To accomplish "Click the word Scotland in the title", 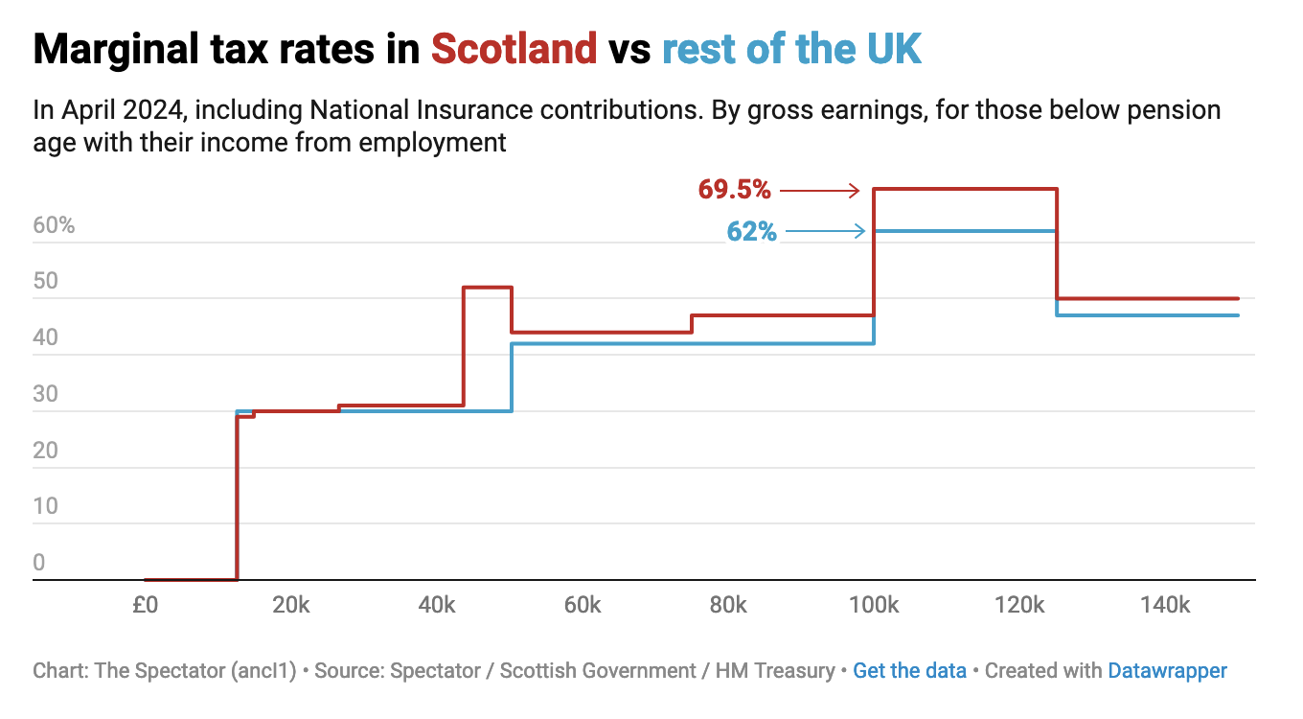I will tap(514, 48).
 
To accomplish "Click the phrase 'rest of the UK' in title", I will tap(791, 48).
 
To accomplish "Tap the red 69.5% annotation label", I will tap(734, 190).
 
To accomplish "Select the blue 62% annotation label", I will tap(752, 231).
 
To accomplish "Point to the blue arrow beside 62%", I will tap(825, 231).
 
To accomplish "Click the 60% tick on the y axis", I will tap(54, 226).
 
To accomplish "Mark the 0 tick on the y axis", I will tap(39, 563).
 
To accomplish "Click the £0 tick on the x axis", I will tap(145, 605).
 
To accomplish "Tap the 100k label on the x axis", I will tap(873, 605).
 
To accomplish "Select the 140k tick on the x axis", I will tap(1165, 605).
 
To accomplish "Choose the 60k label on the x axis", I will tap(582, 605).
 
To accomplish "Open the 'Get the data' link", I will tap(909, 671).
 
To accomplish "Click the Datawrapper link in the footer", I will tap(1167, 671).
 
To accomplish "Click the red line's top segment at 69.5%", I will tap(965, 189).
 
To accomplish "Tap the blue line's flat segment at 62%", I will tap(965, 231).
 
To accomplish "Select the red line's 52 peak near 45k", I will tap(488, 288).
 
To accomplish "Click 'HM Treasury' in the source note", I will tap(775, 671).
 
